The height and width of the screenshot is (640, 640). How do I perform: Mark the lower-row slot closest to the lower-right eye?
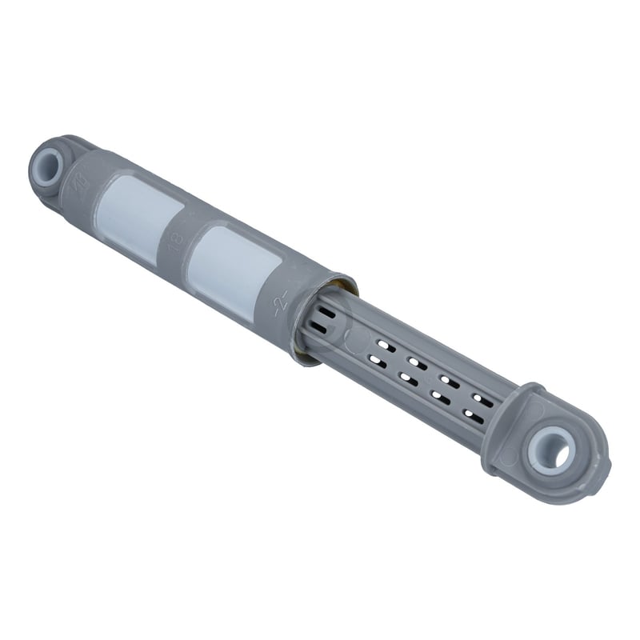tap(472, 415)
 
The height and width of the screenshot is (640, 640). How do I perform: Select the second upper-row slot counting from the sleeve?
tap(414, 362)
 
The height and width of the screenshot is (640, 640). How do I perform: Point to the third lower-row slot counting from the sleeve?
tap(439, 398)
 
